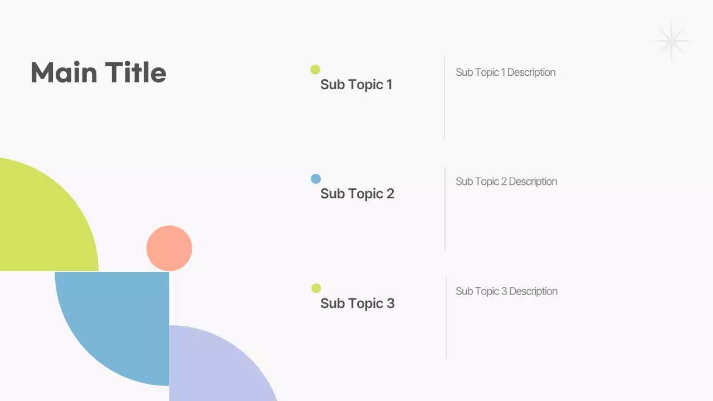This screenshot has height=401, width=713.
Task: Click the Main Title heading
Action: click(98, 73)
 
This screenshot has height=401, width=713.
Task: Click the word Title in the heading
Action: click(135, 73)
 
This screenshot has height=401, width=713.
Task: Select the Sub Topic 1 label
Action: click(356, 85)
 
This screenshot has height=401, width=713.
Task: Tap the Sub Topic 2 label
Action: click(357, 194)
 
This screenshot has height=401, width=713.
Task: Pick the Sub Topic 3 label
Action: click(357, 304)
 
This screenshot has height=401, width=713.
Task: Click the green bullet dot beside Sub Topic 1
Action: click(315, 70)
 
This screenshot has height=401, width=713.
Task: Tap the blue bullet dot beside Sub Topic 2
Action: click(316, 179)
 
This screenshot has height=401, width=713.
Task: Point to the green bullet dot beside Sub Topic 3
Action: click(316, 288)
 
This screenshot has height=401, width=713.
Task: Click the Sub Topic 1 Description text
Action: click(505, 72)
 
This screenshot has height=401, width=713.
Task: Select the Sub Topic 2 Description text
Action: click(506, 182)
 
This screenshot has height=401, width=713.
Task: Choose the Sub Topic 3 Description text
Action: click(506, 291)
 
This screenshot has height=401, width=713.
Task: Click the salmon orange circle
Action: click(169, 248)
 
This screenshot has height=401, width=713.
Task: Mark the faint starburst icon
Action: click(672, 41)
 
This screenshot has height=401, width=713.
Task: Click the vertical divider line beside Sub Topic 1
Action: click(445, 99)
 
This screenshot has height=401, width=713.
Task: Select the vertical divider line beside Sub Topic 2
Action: click(445, 208)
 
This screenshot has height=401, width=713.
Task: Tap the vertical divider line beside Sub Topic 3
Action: click(446, 317)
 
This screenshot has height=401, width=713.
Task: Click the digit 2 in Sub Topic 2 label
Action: click(390, 194)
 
